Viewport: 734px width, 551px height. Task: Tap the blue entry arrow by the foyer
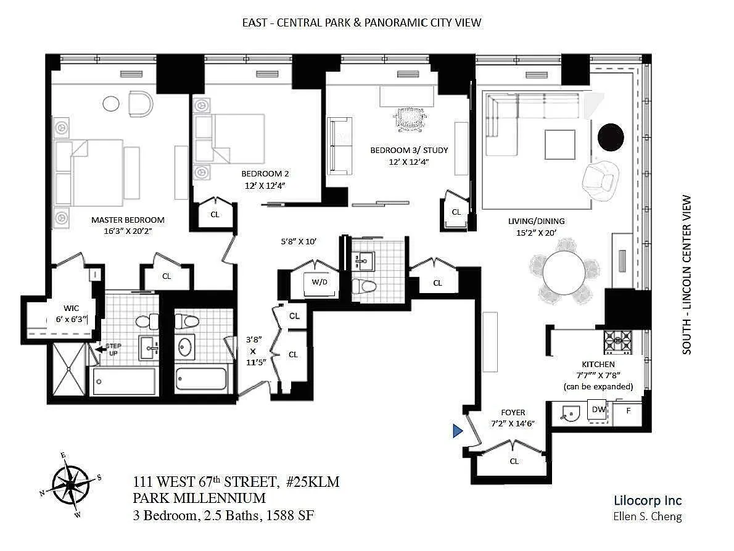coord(457,430)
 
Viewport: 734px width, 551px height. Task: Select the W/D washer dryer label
coord(320,282)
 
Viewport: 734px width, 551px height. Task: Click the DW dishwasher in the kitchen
coord(598,410)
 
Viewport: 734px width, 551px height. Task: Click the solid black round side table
coord(611,137)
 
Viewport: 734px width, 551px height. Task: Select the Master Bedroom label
coord(128,220)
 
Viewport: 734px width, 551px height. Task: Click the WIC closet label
coord(71,308)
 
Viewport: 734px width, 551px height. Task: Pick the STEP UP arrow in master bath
coord(100,349)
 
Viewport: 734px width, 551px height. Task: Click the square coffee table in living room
coord(560,144)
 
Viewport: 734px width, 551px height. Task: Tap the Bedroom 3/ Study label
coord(409,151)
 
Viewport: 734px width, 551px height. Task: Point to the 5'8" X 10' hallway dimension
coord(299,241)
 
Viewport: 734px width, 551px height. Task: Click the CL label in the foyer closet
coord(514,461)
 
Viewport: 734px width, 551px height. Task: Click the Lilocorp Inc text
coord(648,500)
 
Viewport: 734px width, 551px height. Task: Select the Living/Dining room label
coord(537,221)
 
